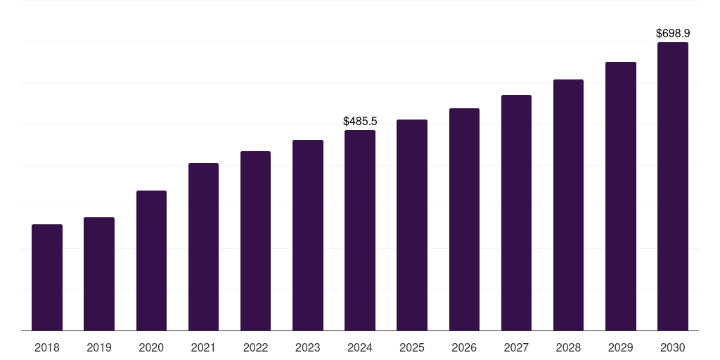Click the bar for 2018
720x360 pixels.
pyautogui.click(x=47, y=278)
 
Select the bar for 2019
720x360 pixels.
pyautogui.click(x=99, y=274)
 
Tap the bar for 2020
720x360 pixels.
pyautogui.click(x=151, y=261)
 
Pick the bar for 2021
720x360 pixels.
pyautogui.click(x=203, y=247)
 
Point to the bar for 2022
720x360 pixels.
pyautogui.click(x=255, y=241)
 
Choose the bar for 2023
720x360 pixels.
pyautogui.click(x=308, y=236)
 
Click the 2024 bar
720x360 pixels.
pyautogui.click(x=360, y=231)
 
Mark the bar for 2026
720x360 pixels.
pyautogui.click(x=464, y=219)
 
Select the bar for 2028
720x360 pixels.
pyautogui.click(x=568, y=205)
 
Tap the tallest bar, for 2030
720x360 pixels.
pyautogui.click(x=672, y=186)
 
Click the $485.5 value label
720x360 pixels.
pyautogui.click(x=360, y=122)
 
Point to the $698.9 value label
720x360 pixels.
pyautogui.click(x=673, y=34)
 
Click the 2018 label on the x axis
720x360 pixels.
pyautogui.click(x=47, y=347)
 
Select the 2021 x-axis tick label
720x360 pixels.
pyautogui.click(x=203, y=347)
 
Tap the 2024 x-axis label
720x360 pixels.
pyautogui.click(x=360, y=347)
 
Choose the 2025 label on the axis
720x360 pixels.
pyautogui.click(x=412, y=347)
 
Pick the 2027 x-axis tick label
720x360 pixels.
pyautogui.click(x=516, y=347)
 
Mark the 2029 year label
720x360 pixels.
pyautogui.click(x=620, y=347)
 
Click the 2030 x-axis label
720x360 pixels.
pyautogui.click(x=672, y=347)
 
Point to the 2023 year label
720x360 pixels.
pyautogui.click(x=308, y=347)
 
